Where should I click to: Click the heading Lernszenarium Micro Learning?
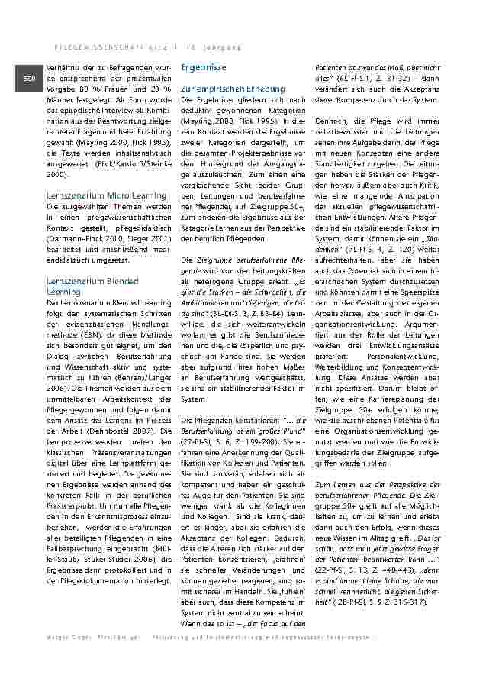pos(106,195)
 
